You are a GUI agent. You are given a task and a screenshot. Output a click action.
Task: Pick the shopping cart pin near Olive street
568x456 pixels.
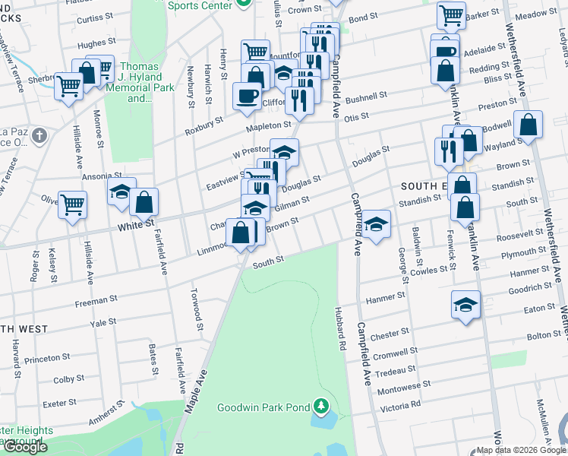pyautogui.click(x=72, y=204)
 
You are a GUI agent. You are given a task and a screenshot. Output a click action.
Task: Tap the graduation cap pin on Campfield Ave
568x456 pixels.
pyautogui.click(x=374, y=223)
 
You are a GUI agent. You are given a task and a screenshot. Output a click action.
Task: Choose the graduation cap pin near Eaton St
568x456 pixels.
pyautogui.click(x=465, y=304)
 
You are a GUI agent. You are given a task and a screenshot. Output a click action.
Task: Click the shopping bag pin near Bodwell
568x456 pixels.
pyautogui.click(x=528, y=124)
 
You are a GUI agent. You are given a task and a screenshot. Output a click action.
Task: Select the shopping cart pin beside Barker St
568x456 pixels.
pyautogui.click(x=452, y=14)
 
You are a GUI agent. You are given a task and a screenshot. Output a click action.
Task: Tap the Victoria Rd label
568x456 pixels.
pyautogui.click(x=406, y=404)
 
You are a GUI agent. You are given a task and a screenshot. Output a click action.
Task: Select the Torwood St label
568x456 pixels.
pyautogui.click(x=197, y=320)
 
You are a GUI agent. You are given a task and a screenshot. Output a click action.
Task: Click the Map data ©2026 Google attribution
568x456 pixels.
pyautogui.click(x=521, y=450)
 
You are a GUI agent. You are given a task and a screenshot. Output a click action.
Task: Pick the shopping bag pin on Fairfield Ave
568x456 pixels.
pyautogui.click(x=144, y=201)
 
